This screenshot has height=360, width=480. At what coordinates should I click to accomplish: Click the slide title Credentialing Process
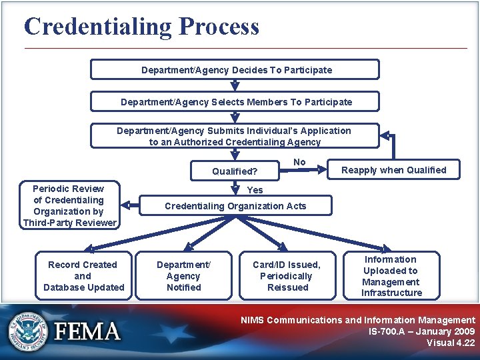tap(141, 27)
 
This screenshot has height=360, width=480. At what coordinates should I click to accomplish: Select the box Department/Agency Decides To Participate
tap(235, 70)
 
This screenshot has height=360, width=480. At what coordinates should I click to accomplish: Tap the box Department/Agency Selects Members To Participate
tap(235, 102)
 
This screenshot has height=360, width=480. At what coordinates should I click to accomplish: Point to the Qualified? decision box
tap(235, 171)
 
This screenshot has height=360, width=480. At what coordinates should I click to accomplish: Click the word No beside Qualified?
tap(299, 162)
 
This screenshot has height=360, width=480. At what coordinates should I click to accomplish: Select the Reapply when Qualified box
tap(393, 170)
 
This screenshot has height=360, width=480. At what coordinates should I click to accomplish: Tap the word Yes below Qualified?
tap(255, 190)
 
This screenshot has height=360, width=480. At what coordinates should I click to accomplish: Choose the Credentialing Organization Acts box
tap(235, 206)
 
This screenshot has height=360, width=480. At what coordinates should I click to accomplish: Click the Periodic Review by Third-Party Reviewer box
tap(69, 205)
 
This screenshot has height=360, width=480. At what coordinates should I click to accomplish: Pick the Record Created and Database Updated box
tap(83, 276)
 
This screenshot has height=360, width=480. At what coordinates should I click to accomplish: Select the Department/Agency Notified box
tap(183, 276)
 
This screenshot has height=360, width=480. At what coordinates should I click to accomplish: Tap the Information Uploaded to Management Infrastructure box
tap(391, 275)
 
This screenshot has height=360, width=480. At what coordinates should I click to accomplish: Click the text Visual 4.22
tap(451, 343)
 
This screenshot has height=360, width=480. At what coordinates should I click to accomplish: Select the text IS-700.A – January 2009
tap(421, 331)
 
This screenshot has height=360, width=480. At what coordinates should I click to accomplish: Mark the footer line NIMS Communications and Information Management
tap(357, 320)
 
